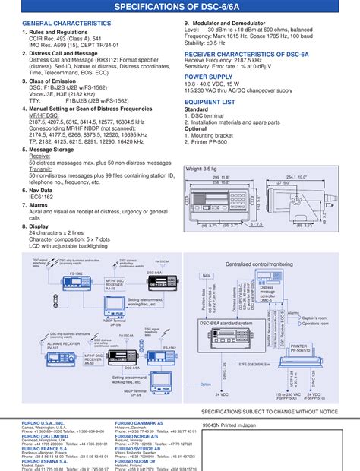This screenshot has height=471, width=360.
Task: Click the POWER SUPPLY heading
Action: coord(210,77)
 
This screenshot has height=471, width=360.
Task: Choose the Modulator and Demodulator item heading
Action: coord(236,24)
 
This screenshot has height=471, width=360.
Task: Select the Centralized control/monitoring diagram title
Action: coord(259,264)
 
